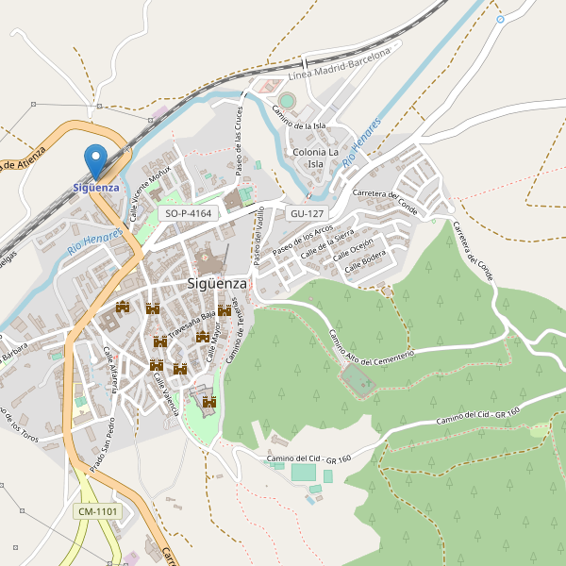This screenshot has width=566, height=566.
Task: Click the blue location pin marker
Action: pyautogui.click(x=95, y=160)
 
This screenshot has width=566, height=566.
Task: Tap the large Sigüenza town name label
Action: pyautogui.click(x=217, y=283)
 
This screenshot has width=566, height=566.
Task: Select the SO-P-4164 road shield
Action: pyautogui.click(x=188, y=214)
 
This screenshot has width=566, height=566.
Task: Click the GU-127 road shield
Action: pyautogui.click(x=308, y=214)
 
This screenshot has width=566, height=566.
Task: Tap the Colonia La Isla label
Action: pyautogui.click(x=316, y=158)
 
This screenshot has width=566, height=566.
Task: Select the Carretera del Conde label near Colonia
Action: pyautogui.click(x=385, y=199)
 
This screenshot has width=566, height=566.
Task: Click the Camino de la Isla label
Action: pyautogui.click(x=299, y=118)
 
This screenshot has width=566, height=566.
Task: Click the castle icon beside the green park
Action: pyautogui.click(x=209, y=403)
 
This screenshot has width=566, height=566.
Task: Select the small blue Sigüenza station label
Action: pyautogui.click(x=96, y=187)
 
